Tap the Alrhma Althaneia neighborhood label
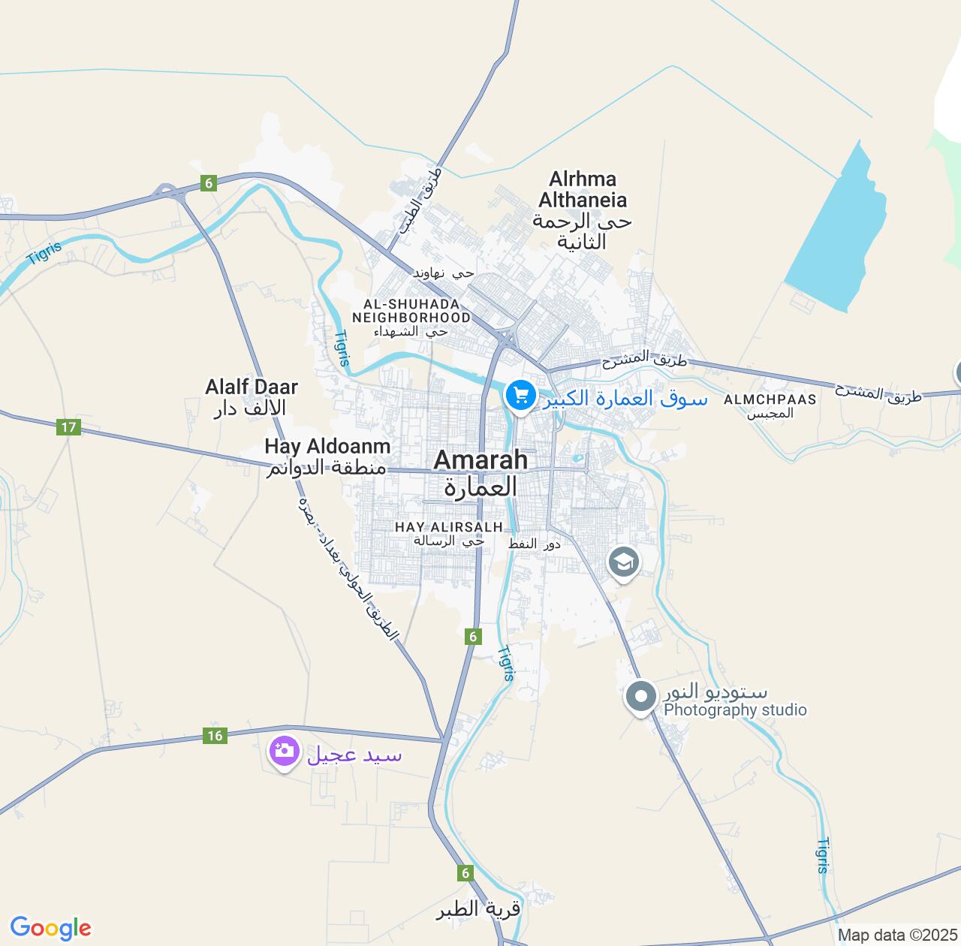click(582, 190)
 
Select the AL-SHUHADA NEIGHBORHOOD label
click(411, 311)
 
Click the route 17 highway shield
click(68, 427)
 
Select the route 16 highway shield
click(215, 735)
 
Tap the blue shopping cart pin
click(520, 395)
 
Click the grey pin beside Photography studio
click(640, 697)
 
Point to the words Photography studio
click(735, 710)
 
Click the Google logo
click(50, 928)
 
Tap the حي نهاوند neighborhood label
click(444, 273)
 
